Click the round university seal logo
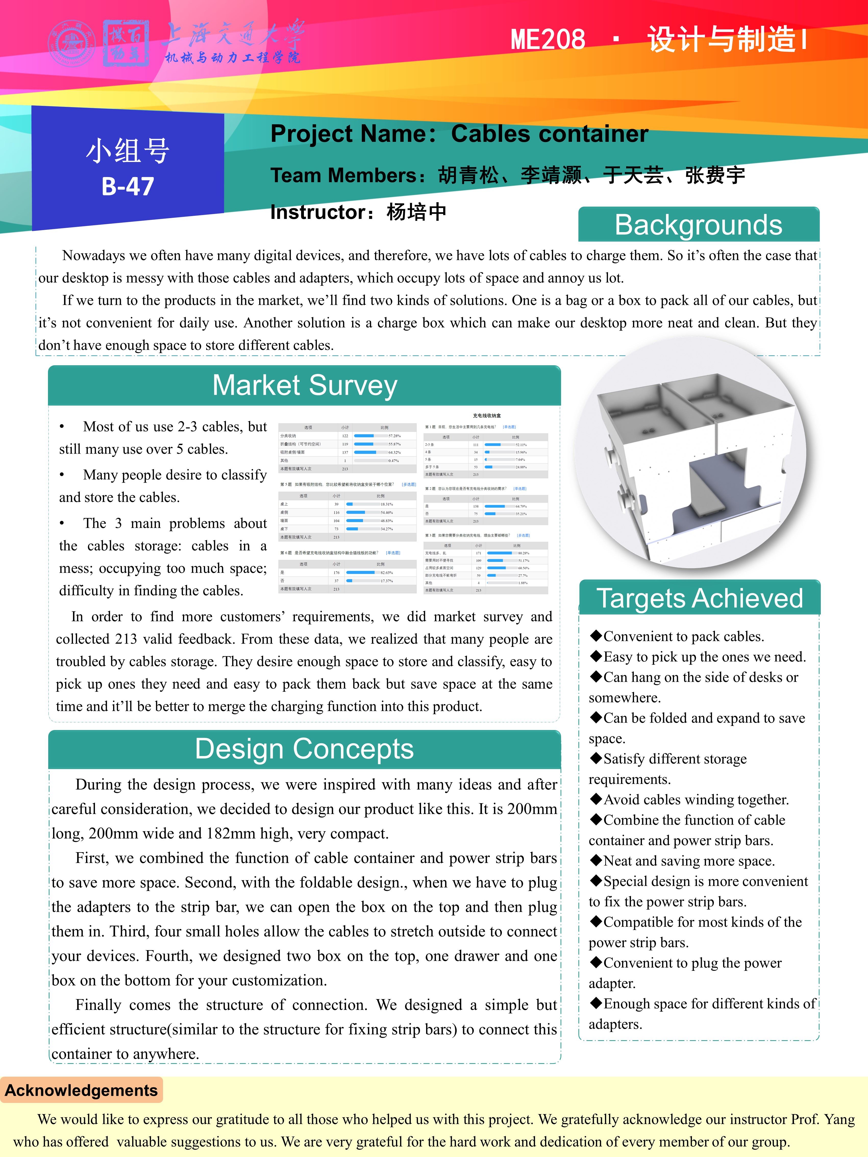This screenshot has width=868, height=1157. click(x=72, y=43)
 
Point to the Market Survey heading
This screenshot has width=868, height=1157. click(x=304, y=385)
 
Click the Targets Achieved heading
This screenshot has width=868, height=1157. click(x=700, y=598)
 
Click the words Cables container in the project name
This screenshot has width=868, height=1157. click(x=549, y=134)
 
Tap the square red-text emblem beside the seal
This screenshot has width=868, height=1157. click(x=126, y=43)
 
